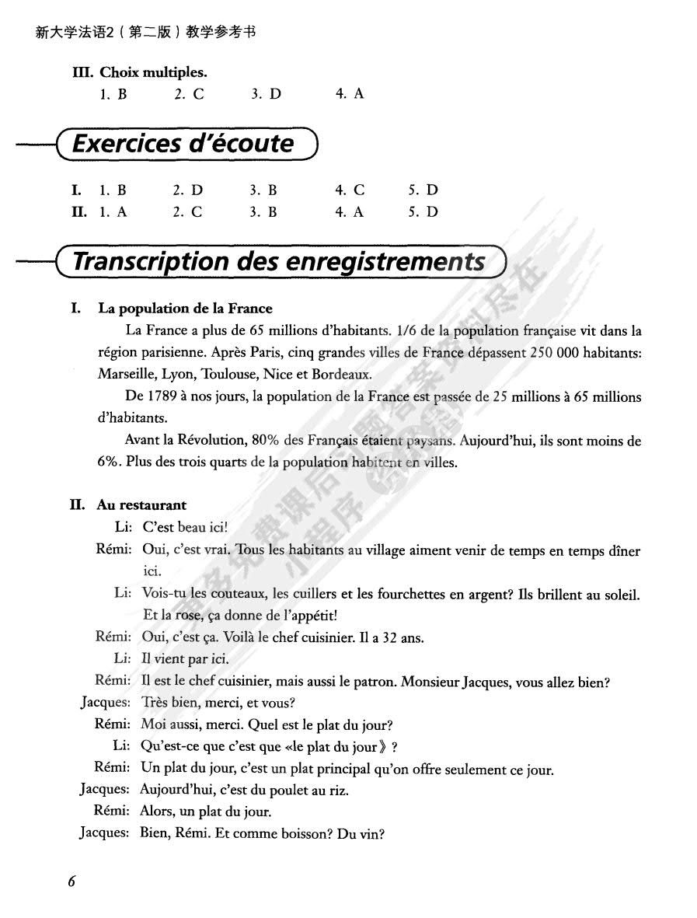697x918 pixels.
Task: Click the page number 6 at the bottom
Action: (71, 881)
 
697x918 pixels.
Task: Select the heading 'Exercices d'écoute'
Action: (183, 143)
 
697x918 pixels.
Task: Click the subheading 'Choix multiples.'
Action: (153, 72)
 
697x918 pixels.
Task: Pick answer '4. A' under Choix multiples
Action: (350, 94)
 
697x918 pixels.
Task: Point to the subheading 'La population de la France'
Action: (185, 309)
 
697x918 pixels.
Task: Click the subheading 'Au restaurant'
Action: (141, 505)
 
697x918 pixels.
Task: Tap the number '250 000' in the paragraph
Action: (554, 351)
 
